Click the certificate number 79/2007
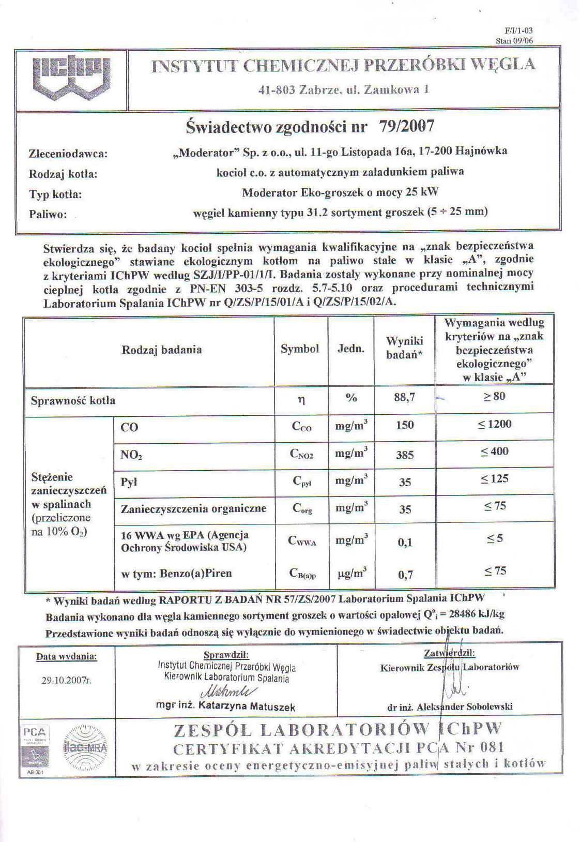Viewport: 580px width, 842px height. tap(406, 126)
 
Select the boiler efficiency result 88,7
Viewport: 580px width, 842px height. tap(404, 398)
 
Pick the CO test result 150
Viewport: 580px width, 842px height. tap(405, 425)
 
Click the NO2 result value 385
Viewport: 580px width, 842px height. tap(405, 455)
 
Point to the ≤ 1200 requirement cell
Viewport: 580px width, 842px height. tap(494, 425)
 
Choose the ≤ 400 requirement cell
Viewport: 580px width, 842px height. tap(494, 452)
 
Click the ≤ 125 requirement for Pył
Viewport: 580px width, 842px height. tap(494, 479)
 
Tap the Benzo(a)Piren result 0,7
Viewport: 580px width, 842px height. tap(405, 575)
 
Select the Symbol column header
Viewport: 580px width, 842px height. tap(300, 349)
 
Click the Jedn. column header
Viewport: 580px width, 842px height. tap(351, 349)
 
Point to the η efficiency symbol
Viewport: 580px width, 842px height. tap(301, 399)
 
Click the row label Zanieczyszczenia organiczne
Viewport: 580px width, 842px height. tap(193, 509)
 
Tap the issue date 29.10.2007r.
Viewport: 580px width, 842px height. tap(66, 681)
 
